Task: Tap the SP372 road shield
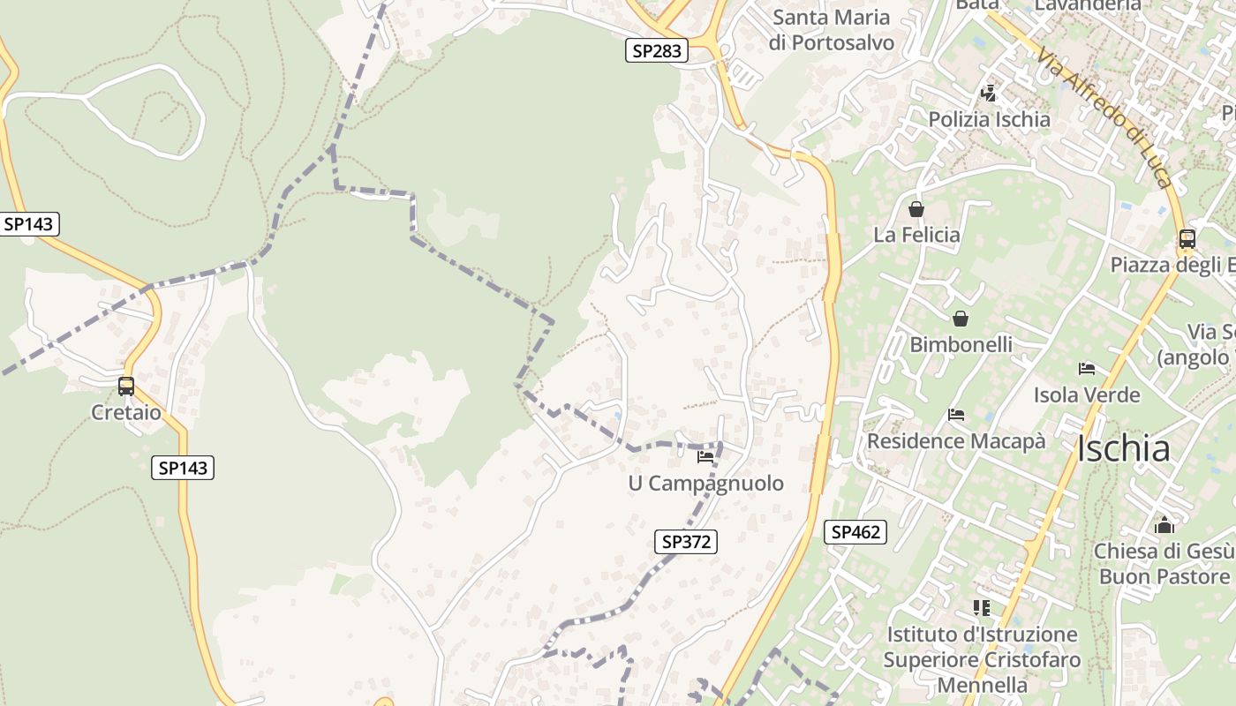(x=686, y=542)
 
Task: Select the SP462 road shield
(x=855, y=532)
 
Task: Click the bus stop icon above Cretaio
(x=126, y=387)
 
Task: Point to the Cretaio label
(x=126, y=412)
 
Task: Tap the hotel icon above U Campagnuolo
(x=705, y=457)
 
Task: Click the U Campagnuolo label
(x=705, y=483)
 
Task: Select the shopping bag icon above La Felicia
(x=916, y=209)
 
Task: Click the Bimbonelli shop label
(x=961, y=344)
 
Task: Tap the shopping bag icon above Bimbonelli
(x=961, y=319)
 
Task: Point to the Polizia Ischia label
(x=989, y=119)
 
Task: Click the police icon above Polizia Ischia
(x=989, y=94)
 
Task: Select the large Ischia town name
(x=1123, y=449)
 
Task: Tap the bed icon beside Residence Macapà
(x=956, y=415)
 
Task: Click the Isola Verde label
(x=1087, y=394)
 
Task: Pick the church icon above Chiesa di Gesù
(x=1164, y=525)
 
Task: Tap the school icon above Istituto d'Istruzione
(x=981, y=608)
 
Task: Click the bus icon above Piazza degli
(x=1187, y=239)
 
